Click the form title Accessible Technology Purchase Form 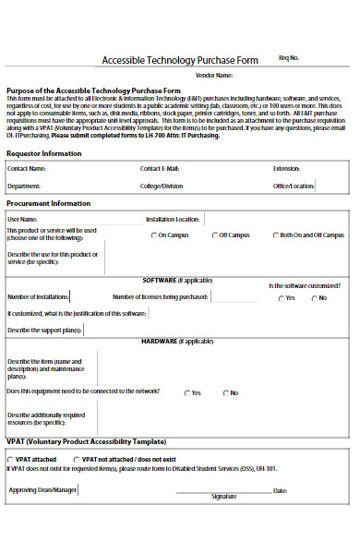pos(180,61)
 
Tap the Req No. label pos(288,57)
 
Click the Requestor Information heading pos(43,153)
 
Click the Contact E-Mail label pos(160,170)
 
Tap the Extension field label pos(286,170)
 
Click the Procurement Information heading pos(49,202)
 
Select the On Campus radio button pos(153,235)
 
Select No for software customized pos(314,298)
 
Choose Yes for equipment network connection pos(186,393)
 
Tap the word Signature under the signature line pos(224,497)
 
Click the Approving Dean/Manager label pos(42,489)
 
